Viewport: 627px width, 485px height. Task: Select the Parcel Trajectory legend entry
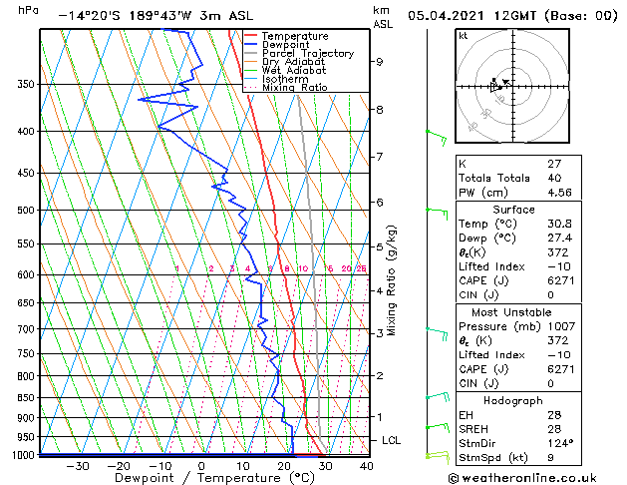307,54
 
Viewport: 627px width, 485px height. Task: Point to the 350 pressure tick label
26,84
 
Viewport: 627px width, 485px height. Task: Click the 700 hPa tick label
26,329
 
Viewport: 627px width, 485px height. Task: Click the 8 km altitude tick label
380,109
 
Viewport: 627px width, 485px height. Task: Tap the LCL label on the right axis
392,440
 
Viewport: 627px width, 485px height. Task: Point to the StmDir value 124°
560,443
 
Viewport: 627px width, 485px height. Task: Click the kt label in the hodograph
463,36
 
